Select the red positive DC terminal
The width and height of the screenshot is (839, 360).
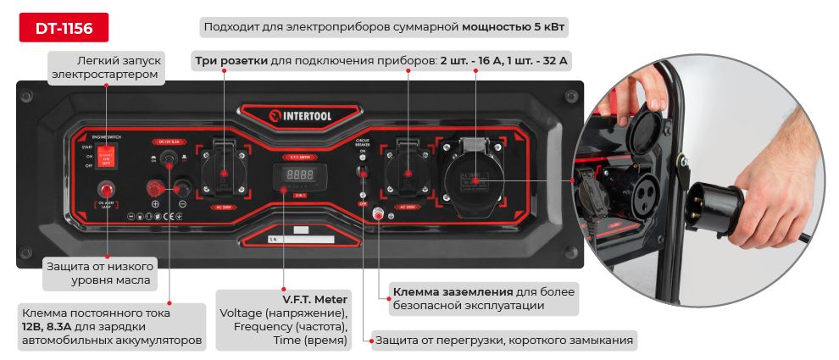click(x=155, y=187)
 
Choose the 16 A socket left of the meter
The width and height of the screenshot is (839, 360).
click(x=224, y=174)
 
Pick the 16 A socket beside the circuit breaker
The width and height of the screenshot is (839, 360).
click(x=408, y=174)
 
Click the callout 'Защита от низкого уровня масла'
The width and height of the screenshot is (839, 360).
click(x=98, y=273)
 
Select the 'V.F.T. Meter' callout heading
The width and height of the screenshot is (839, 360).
click(x=315, y=300)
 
